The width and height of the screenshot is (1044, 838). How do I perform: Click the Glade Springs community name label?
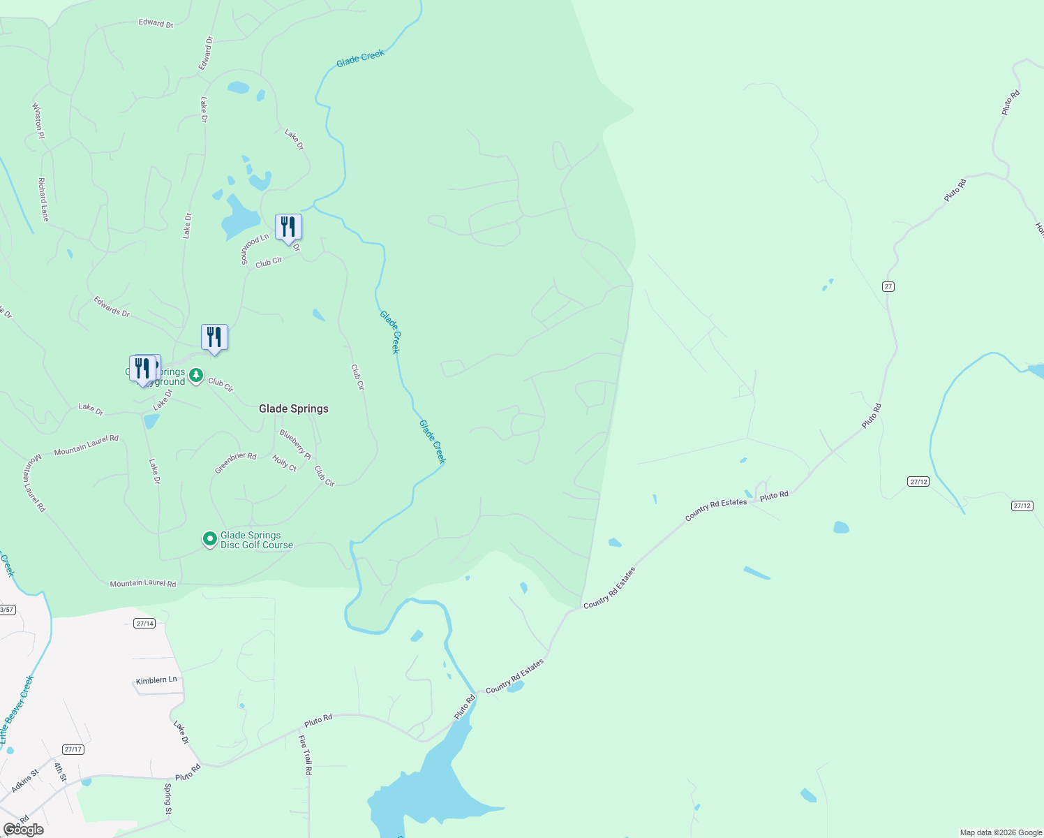pyautogui.click(x=293, y=409)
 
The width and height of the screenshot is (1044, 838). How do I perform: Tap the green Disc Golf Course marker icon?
pyautogui.click(x=209, y=539)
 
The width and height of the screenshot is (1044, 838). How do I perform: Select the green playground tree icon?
pyautogui.click(x=197, y=376)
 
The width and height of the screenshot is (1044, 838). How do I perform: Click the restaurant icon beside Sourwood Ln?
pyautogui.click(x=288, y=227)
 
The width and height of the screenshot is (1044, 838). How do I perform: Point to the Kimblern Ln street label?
pyautogui.click(x=156, y=679)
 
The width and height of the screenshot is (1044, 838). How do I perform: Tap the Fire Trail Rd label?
pyautogui.click(x=305, y=755)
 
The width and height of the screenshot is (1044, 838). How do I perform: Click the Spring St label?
pyautogui.click(x=167, y=799)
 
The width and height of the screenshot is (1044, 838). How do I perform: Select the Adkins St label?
pyautogui.click(x=25, y=781)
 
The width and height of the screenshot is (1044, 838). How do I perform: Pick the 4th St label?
pyautogui.click(x=60, y=772)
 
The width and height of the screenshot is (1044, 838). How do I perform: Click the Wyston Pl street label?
pyautogui.click(x=38, y=121)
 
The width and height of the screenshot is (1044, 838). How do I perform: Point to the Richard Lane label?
pyautogui.click(x=43, y=200)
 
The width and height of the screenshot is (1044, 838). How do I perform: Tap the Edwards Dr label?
pyautogui.click(x=112, y=307)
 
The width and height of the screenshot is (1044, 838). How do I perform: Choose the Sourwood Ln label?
pyautogui.click(x=254, y=249)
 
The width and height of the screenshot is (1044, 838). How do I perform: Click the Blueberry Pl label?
pyautogui.click(x=295, y=444)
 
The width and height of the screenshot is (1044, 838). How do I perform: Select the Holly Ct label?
pyautogui.click(x=284, y=463)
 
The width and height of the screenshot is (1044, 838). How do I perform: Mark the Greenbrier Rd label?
pyautogui.click(x=235, y=463)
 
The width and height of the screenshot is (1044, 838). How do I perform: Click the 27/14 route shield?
pyautogui.click(x=144, y=624)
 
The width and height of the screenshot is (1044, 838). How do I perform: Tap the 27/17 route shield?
pyautogui.click(x=73, y=749)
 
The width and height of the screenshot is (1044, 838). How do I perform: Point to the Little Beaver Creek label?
pyautogui.click(x=16, y=710)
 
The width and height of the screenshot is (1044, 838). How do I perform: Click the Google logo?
pyautogui.click(x=23, y=830)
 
